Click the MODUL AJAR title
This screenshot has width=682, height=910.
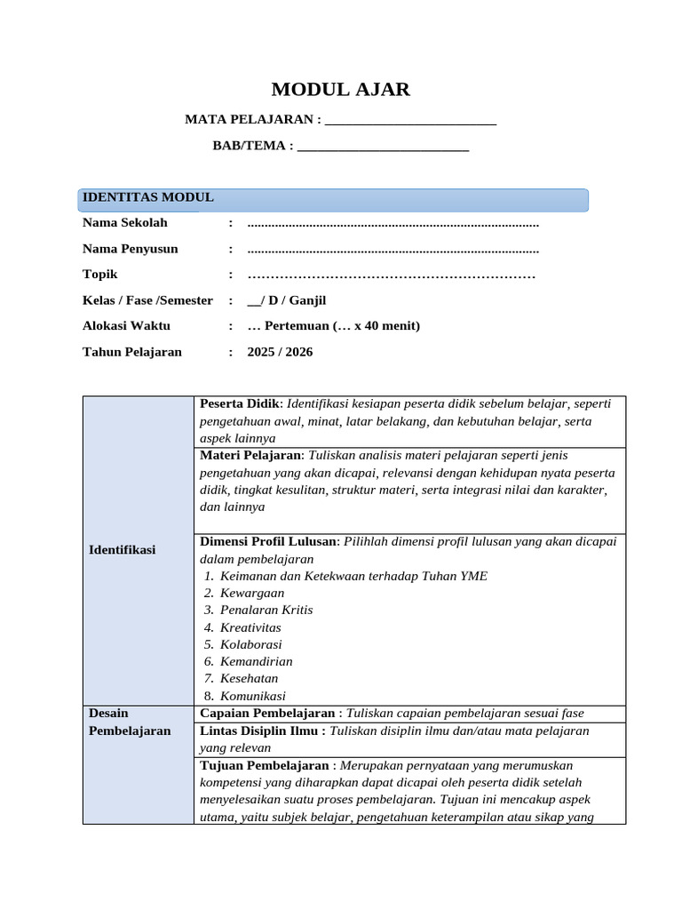pos(340,90)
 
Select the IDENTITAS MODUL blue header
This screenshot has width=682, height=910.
pos(332,199)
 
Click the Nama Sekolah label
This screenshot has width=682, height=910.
pos(124,223)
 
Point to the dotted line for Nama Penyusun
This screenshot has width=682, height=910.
pos(393,250)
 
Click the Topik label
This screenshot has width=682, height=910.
pos(100,275)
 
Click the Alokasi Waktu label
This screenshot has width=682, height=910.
pos(126,326)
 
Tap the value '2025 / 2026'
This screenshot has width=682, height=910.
pos(280,352)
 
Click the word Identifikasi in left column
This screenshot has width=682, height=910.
pos(122,550)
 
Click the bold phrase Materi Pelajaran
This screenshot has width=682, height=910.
pos(250,456)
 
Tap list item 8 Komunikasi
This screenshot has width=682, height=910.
pos(252,696)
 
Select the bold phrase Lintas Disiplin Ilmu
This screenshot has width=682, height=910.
pos(259,730)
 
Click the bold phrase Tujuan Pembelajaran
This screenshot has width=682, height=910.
pos(265,765)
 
